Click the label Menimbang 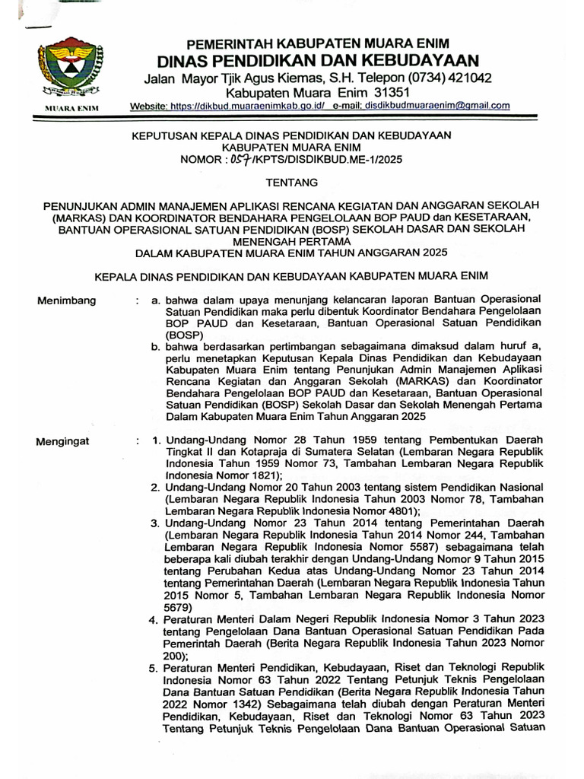(67, 300)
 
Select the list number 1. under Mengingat (157, 440)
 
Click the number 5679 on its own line (178, 609)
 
